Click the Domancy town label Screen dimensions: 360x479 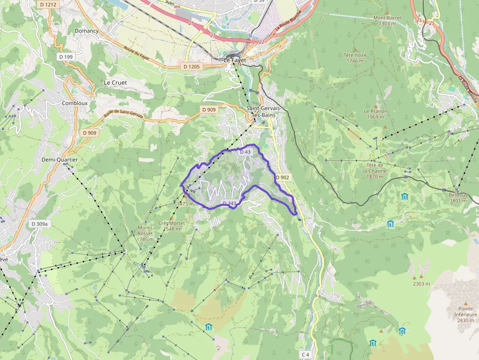coord(87,31)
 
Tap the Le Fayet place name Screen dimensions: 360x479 coord(235,60)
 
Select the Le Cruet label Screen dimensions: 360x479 coord(115,83)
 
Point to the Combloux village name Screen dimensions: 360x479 coord(75,103)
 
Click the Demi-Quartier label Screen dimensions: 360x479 coord(60,159)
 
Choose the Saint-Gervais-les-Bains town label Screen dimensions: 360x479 coord(261,111)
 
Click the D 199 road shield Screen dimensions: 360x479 coord(65,57)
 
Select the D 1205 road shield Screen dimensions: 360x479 coord(191,66)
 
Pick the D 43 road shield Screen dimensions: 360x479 coord(245,152)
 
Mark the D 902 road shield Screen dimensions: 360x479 coord(283,177)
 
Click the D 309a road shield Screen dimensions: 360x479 coord(40,224)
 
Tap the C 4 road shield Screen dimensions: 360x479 coord(305,354)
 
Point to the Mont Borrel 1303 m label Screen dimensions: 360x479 coord(387,21)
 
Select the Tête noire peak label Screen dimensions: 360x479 coord(355,58)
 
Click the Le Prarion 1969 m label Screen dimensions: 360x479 coord(375,114)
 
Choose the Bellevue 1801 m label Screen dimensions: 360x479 coord(458,197)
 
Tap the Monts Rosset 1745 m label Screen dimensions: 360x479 coord(145,233)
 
